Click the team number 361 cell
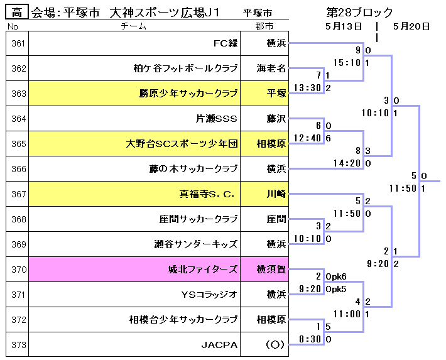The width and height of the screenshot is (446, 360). coord(18,43)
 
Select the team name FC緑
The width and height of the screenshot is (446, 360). coord(226,43)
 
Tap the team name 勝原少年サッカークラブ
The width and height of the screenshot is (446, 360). coord(188,94)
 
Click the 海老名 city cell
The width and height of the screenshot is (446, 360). coord(271,68)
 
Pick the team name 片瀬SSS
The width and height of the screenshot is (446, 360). coord(217,119)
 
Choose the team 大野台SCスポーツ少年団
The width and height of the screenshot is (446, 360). coord(182,144)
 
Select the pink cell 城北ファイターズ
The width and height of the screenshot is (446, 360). coord(203,270)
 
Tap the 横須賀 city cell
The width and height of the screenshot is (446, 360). coord(271,270)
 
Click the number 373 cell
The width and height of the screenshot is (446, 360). coord(18,345)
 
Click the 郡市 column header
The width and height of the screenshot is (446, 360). coord(264,26)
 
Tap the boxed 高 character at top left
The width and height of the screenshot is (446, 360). coord(17,12)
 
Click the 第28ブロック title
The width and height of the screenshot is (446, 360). coord(359,12)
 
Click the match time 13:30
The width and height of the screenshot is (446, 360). coord(307,87)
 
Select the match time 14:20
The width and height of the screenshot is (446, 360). coord(346,163)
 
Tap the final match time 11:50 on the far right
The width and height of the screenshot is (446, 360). coord(402,188)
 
